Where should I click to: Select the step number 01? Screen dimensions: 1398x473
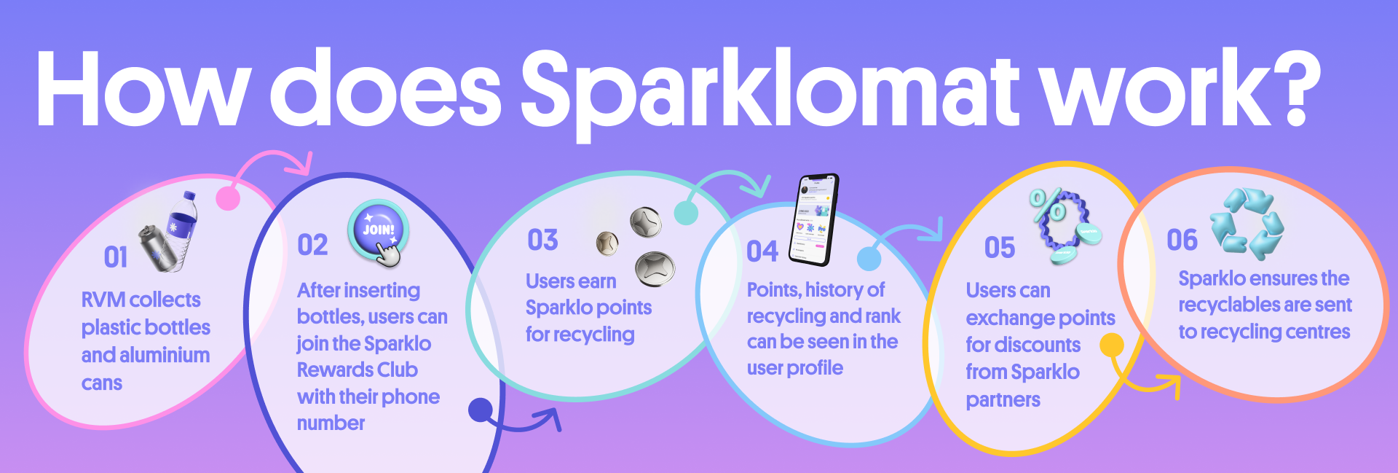tap(116, 257)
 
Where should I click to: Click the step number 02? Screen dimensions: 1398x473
tap(313, 245)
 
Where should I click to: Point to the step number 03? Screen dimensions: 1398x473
tap(543, 240)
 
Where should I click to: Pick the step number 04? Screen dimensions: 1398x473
tap(762, 251)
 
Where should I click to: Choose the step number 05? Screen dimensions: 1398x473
tap(1000, 248)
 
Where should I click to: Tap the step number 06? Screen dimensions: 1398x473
tap(1182, 240)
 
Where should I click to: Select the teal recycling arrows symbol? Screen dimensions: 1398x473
tap(1247, 223)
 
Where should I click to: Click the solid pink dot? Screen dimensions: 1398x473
tap(228, 198)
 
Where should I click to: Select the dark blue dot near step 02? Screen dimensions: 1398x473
tap(481, 410)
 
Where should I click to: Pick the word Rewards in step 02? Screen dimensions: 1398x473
tap(333, 370)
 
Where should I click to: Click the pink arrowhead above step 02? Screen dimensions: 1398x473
tap(300, 165)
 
